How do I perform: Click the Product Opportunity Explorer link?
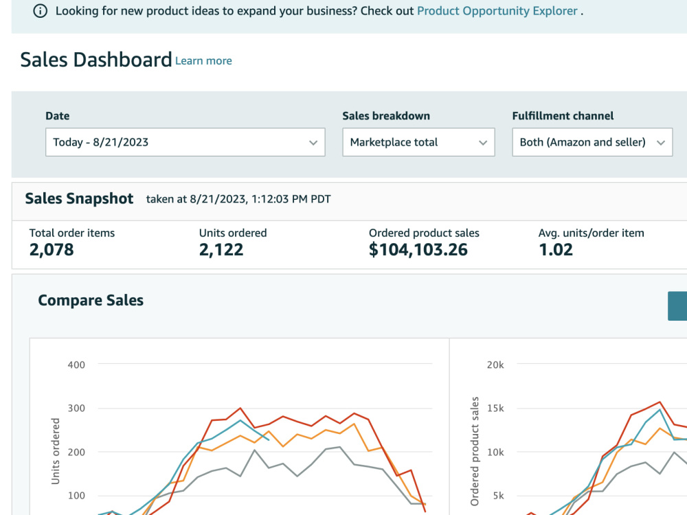[x=497, y=11]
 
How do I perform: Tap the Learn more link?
[x=203, y=61]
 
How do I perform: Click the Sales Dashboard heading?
[x=96, y=60]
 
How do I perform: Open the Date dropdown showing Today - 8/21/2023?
[x=185, y=142]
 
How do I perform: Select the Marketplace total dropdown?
[x=418, y=142]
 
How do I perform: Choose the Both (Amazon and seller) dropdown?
[x=592, y=142]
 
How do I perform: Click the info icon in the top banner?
[x=41, y=11]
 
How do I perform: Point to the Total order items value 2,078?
[x=52, y=250]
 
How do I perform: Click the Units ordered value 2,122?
[x=221, y=250]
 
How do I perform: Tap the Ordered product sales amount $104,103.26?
[x=418, y=250]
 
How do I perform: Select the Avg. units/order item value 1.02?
[x=556, y=250]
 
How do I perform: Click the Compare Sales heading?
[x=91, y=301]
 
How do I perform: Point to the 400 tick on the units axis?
[x=76, y=365]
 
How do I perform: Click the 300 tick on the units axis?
[x=76, y=408]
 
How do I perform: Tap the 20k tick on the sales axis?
[x=495, y=365]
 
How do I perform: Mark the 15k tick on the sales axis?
[x=495, y=408]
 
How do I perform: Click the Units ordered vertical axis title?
[x=55, y=451]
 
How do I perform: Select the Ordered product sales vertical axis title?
[x=475, y=452]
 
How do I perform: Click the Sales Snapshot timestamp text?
[x=238, y=199]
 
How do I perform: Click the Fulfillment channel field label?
[x=563, y=115]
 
